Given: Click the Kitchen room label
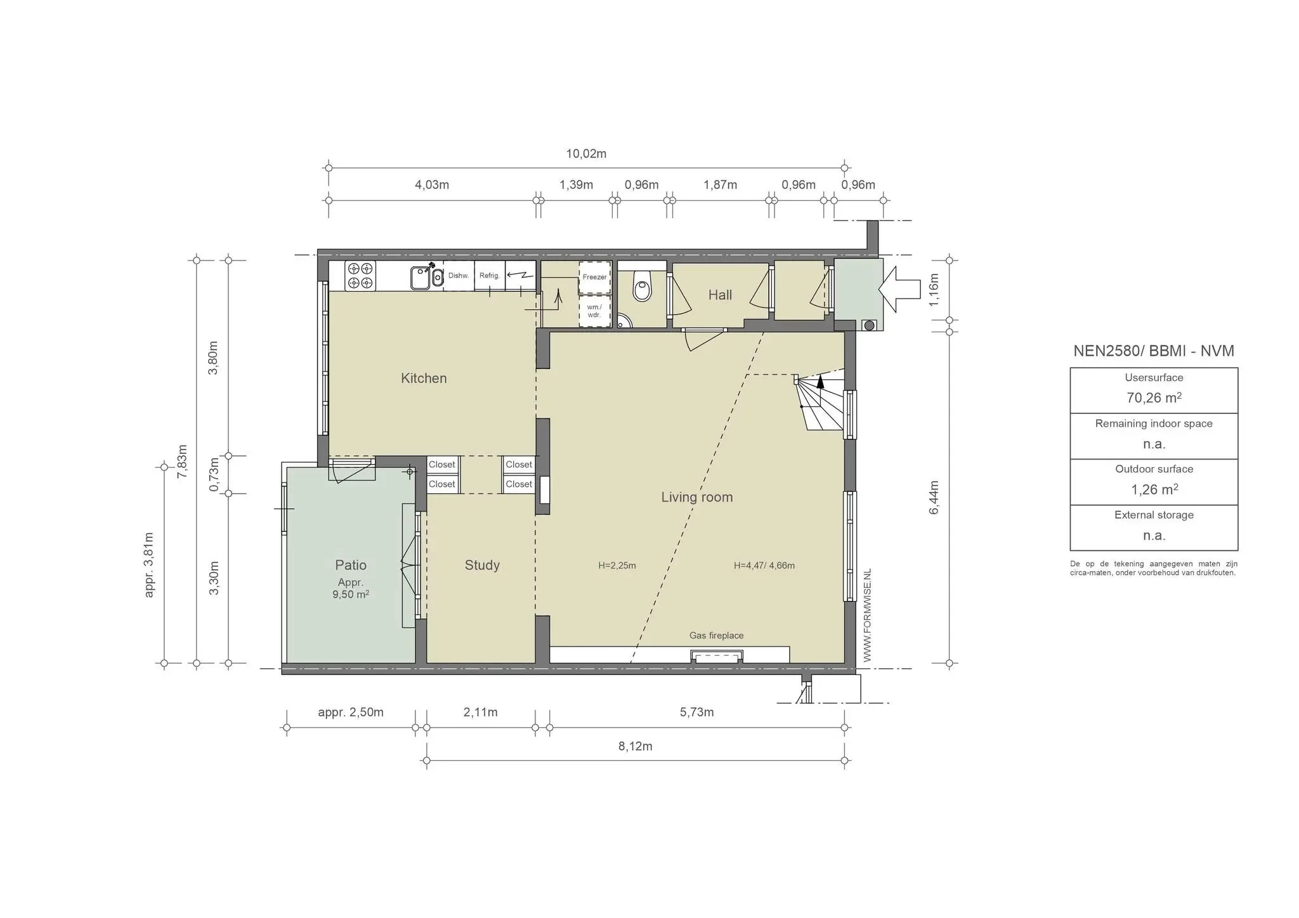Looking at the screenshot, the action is click(424, 378).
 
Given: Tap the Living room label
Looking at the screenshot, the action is click(697, 498).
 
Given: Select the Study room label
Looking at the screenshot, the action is click(482, 566).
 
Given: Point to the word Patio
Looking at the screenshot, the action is click(351, 565).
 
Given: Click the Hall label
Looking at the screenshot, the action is click(720, 295).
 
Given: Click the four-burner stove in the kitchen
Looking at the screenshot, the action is click(360, 276).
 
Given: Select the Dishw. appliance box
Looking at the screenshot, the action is click(459, 276).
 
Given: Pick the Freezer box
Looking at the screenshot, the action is click(595, 277).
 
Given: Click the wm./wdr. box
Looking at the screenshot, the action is click(595, 311).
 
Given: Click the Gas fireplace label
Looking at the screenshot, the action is click(717, 636).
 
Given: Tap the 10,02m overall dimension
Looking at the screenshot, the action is click(586, 154).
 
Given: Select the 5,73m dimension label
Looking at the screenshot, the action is click(697, 713).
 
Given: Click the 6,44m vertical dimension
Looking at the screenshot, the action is click(934, 498).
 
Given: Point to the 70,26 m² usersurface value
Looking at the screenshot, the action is click(1154, 398).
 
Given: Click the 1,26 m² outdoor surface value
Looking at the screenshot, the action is click(1154, 490).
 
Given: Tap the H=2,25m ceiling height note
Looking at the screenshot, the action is click(617, 566).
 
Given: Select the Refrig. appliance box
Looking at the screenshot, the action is click(490, 276).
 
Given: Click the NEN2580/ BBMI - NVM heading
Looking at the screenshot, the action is click(1154, 351).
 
